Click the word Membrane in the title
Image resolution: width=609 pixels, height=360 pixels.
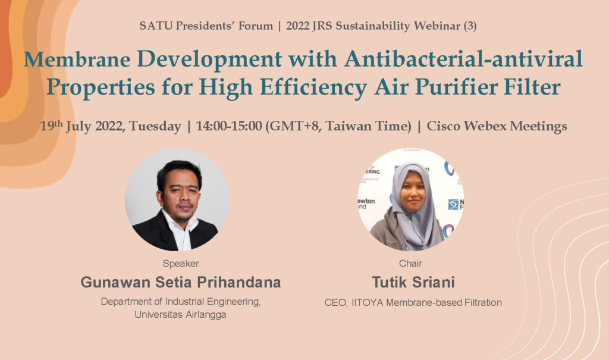click(x=77, y=59)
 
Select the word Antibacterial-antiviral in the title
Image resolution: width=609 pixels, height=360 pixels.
click(x=463, y=59)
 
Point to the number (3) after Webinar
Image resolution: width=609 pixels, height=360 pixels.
click(x=470, y=26)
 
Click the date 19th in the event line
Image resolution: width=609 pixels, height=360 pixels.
click(x=51, y=125)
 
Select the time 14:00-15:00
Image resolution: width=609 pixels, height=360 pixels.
click(x=229, y=126)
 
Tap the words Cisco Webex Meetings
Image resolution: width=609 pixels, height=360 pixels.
click(x=497, y=126)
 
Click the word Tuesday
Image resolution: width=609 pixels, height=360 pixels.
click(x=155, y=126)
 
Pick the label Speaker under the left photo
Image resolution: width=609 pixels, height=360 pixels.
click(x=181, y=264)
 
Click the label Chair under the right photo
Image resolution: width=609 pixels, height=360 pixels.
click(x=410, y=264)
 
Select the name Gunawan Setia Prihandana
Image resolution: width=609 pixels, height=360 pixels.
click(x=181, y=282)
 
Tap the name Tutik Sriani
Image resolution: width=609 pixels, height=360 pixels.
click(x=413, y=282)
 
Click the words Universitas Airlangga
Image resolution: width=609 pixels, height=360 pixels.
click(x=181, y=315)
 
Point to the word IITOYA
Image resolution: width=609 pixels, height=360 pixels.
click(x=368, y=302)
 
